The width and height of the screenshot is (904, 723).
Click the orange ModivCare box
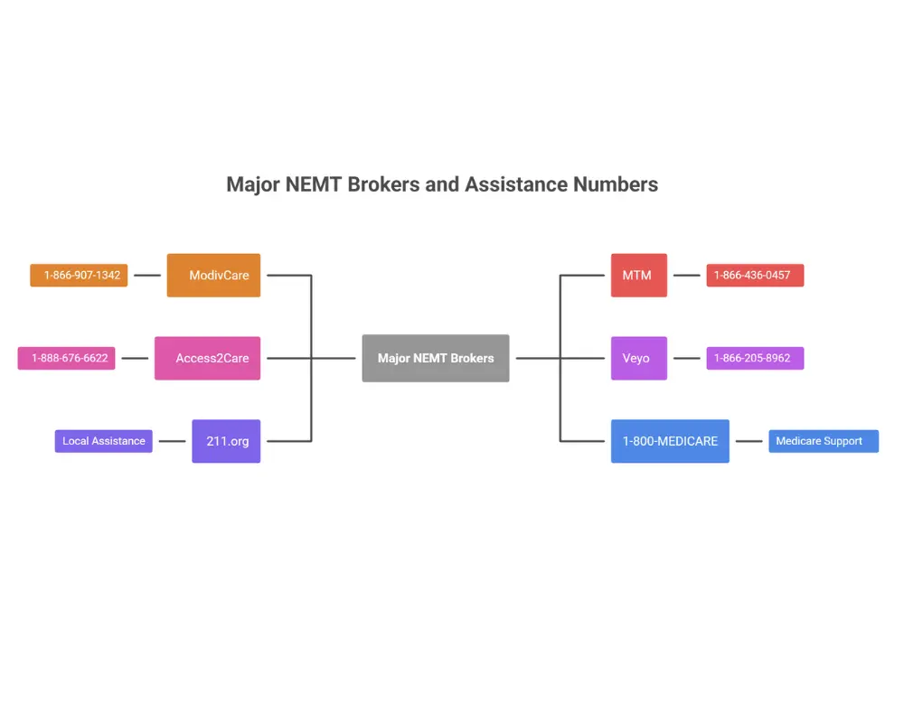point(213,275)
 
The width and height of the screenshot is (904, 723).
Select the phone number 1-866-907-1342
point(79,275)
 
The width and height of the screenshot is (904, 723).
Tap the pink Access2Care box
point(207,358)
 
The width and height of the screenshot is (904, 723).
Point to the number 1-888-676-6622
point(67,358)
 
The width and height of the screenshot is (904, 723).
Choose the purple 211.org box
point(226,441)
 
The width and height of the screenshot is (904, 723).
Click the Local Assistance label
point(103,441)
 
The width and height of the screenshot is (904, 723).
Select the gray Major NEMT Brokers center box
point(436,358)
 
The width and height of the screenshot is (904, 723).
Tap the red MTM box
point(638,275)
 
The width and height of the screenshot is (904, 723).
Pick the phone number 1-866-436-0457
point(755,275)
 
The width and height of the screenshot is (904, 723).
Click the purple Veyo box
point(638,358)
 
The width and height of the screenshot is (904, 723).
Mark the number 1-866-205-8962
point(755,358)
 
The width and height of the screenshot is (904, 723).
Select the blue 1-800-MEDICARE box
point(670,441)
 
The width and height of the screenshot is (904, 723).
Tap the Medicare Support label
point(823,441)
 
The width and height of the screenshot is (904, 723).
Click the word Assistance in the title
point(516,184)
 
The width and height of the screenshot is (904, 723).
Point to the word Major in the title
point(252,184)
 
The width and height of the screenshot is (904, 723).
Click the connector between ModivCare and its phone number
point(147,275)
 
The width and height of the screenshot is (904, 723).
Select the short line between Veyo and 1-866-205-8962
point(687,358)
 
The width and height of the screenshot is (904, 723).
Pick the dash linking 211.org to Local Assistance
point(172,441)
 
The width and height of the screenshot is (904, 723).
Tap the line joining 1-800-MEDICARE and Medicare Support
point(749,441)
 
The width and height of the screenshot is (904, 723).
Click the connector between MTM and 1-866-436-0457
point(687,275)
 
